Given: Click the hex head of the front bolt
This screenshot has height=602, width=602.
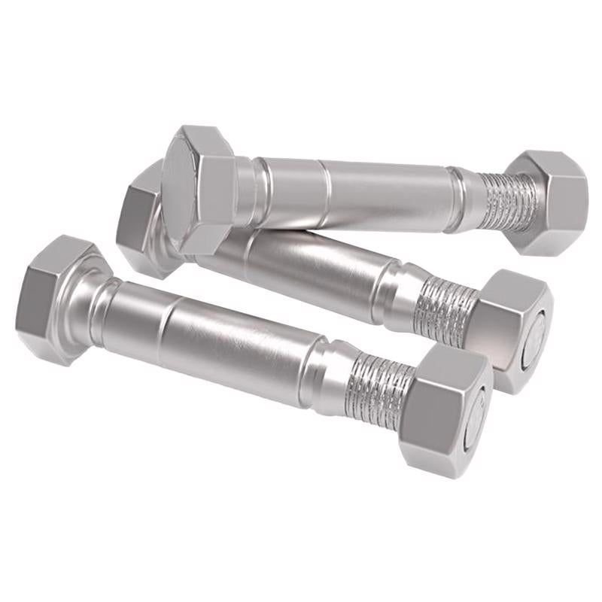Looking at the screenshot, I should pyautogui.click(x=53, y=297).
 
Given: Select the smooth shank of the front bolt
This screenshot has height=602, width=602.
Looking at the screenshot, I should pyautogui.click(x=218, y=331).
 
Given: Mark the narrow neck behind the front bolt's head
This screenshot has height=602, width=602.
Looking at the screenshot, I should pyautogui.click(x=105, y=305).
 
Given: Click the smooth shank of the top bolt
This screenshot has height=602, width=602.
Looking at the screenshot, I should pyautogui.click(x=376, y=192).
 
